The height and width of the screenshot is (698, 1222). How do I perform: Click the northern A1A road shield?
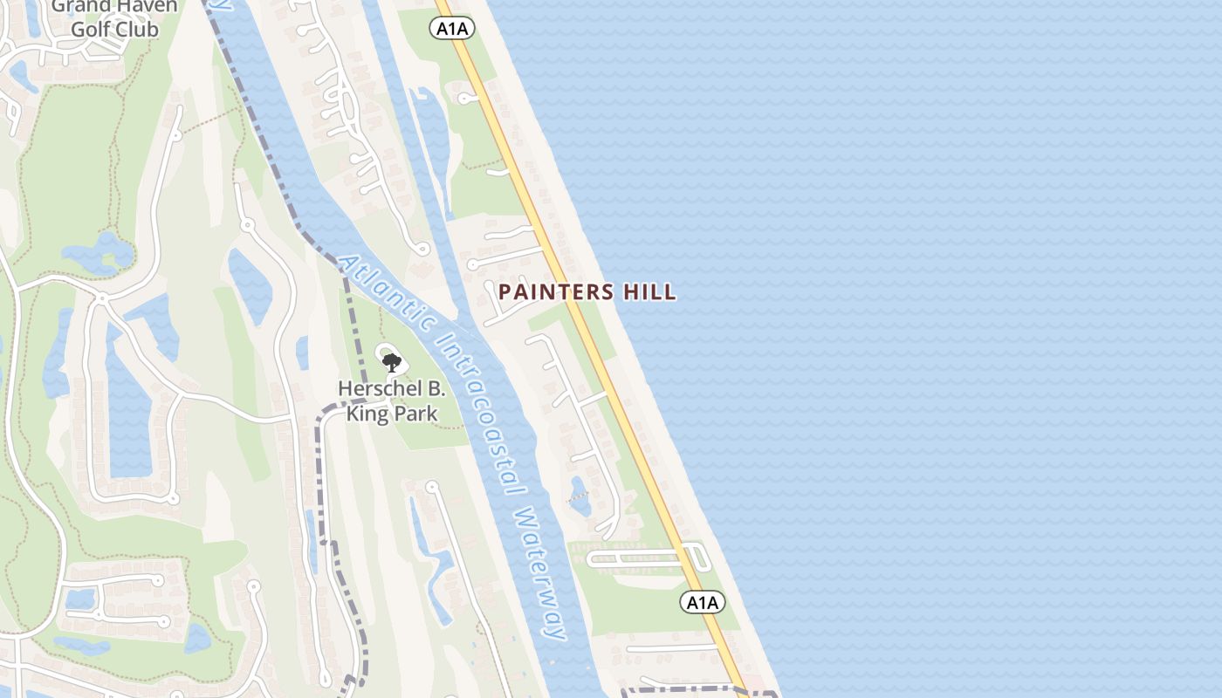(x=453, y=29)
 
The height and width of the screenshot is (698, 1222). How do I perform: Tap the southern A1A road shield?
(x=703, y=602)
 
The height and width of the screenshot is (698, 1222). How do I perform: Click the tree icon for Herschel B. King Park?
(x=391, y=361)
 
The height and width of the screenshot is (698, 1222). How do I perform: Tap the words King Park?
(x=392, y=413)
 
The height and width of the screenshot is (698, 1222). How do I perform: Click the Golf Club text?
(x=114, y=30)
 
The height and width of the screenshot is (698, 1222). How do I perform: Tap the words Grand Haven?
(x=114, y=7)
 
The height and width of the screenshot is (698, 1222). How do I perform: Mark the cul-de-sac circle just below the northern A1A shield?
(x=462, y=99)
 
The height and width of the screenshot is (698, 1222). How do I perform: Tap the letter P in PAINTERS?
(x=505, y=292)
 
